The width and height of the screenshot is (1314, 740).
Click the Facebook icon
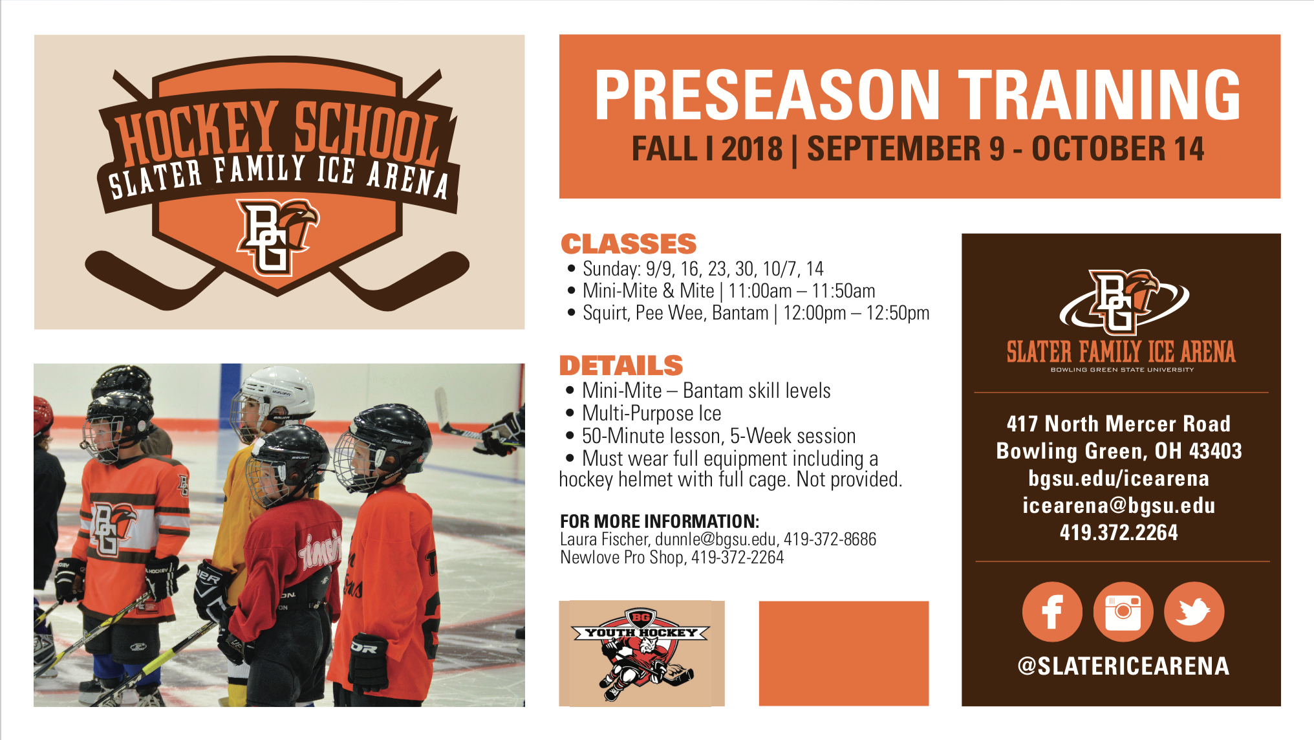click(x=1052, y=612)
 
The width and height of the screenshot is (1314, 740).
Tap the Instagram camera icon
click(x=1123, y=612)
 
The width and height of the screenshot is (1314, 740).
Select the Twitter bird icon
click(x=1194, y=612)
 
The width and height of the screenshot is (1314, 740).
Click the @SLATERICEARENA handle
click(x=1123, y=666)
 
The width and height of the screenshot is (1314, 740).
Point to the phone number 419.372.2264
click(x=1119, y=532)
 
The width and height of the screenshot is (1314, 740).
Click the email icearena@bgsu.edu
click(x=1119, y=505)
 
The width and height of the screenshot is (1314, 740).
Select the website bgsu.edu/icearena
click(x=1119, y=478)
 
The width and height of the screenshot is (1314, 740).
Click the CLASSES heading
click(x=629, y=244)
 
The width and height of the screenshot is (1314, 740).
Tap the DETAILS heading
click(x=621, y=365)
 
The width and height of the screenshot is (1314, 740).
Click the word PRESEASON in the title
click(x=767, y=95)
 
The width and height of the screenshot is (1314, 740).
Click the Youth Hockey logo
click(x=641, y=653)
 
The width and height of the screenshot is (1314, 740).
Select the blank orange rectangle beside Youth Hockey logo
click(x=844, y=653)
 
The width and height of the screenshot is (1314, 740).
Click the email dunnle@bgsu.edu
click(x=715, y=539)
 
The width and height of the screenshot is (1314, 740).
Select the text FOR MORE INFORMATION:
click(x=660, y=521)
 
